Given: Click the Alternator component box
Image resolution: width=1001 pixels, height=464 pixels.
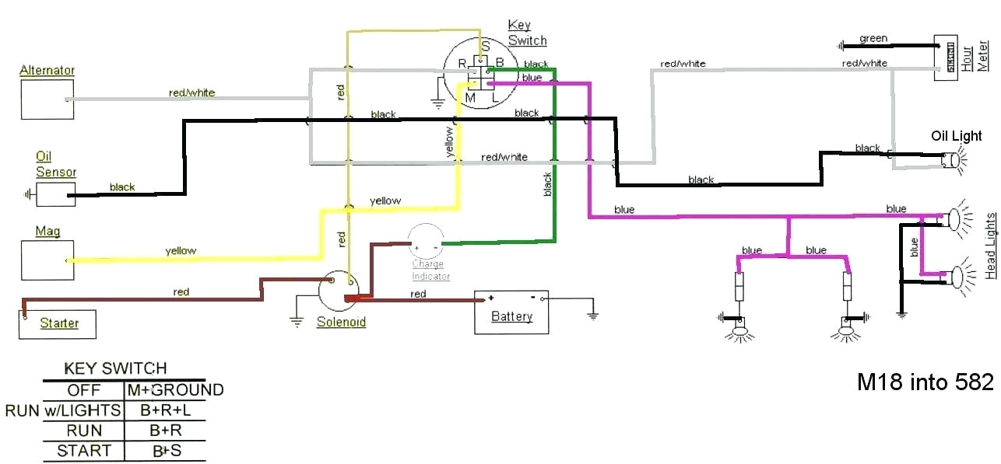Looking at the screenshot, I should pyautogui.click(x=47, y=99).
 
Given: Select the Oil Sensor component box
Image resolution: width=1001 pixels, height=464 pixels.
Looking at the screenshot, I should pyautogui.click(x=54, y=195).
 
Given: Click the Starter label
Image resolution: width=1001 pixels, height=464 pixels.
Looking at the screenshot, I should pyautogui.click(x=59, y=323).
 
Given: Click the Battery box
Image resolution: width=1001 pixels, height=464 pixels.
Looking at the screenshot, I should pyautogui.click(x=511, y=312).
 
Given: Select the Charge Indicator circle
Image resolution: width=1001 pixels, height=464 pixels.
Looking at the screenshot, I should pyautogui.click(x=426, y=241).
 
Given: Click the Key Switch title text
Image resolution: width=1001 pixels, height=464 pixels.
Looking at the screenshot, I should pyautogui.click(x=527, y=33).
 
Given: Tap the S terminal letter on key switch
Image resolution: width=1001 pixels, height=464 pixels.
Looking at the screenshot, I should pyautogui.click(x=485, y=46).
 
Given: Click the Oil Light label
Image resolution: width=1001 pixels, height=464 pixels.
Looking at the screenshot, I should pyautogui.click(x=957, y=136).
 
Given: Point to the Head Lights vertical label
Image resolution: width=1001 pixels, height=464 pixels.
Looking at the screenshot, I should pyautogui.click(x=990, y=234).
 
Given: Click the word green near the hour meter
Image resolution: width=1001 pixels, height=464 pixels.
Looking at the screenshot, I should pyautogui.click(x=873, y=38).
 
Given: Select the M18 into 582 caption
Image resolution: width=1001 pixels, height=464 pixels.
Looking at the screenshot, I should pyautogui.click(x=925, y=382).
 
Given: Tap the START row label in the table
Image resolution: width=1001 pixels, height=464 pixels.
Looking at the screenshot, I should pyautogui.click(x=84, y=451).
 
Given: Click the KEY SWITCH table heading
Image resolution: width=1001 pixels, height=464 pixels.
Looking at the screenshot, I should pyautogui.click(x=115, y=368).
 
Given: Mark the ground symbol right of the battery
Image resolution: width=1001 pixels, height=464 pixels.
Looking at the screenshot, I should pyautogui.click(x=592, y=315).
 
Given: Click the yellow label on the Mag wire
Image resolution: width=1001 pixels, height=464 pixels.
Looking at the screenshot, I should pyautogui.click(x=181, y=251).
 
